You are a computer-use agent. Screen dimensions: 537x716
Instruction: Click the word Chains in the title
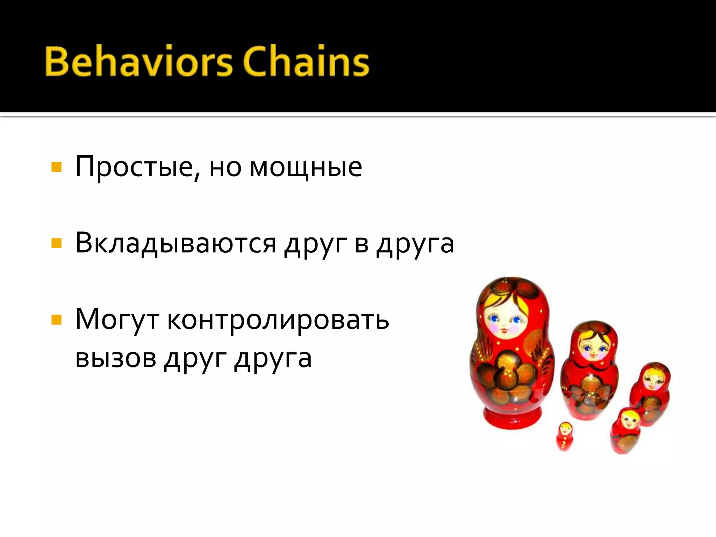click(306, 61)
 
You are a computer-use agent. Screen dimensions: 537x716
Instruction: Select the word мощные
click(306, 167)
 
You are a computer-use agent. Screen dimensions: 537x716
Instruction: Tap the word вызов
click(116, 358)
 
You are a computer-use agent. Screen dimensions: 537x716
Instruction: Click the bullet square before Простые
click(56, 167)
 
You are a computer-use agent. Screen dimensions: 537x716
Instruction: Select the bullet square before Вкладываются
click(56, 243)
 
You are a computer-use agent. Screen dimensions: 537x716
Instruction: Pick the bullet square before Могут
click(56, 320)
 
